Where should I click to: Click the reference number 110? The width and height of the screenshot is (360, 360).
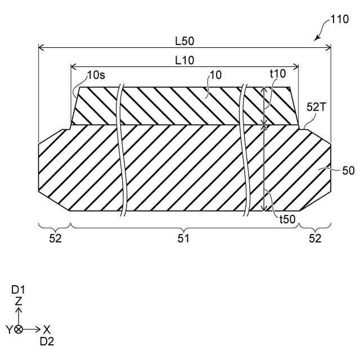339,19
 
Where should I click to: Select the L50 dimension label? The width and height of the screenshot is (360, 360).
184,41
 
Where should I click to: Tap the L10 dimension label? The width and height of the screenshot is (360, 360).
184,61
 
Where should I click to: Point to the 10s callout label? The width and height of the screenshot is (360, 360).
96,75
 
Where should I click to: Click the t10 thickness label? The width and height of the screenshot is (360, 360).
278,74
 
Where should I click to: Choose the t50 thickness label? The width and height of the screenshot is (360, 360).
287,219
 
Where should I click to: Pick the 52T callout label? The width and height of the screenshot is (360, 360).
316,107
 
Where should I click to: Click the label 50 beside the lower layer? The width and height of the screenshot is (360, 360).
348,171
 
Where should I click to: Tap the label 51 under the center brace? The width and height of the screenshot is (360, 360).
183,238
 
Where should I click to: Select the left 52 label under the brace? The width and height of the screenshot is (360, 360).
55,238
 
